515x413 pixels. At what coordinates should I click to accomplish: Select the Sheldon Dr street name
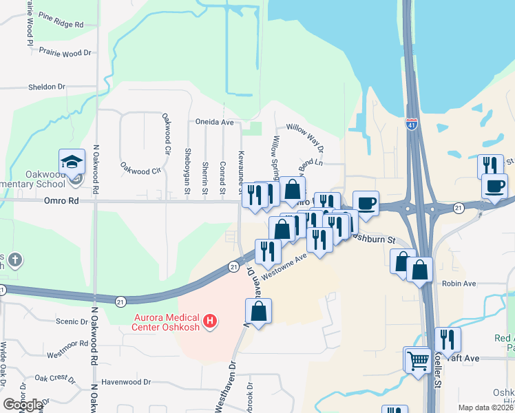46,87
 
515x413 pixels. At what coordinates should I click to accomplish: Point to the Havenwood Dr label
125,382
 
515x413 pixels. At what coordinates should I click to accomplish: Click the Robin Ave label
459,284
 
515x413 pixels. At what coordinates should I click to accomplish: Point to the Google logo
23,405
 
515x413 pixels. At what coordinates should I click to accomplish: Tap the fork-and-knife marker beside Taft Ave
448,339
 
